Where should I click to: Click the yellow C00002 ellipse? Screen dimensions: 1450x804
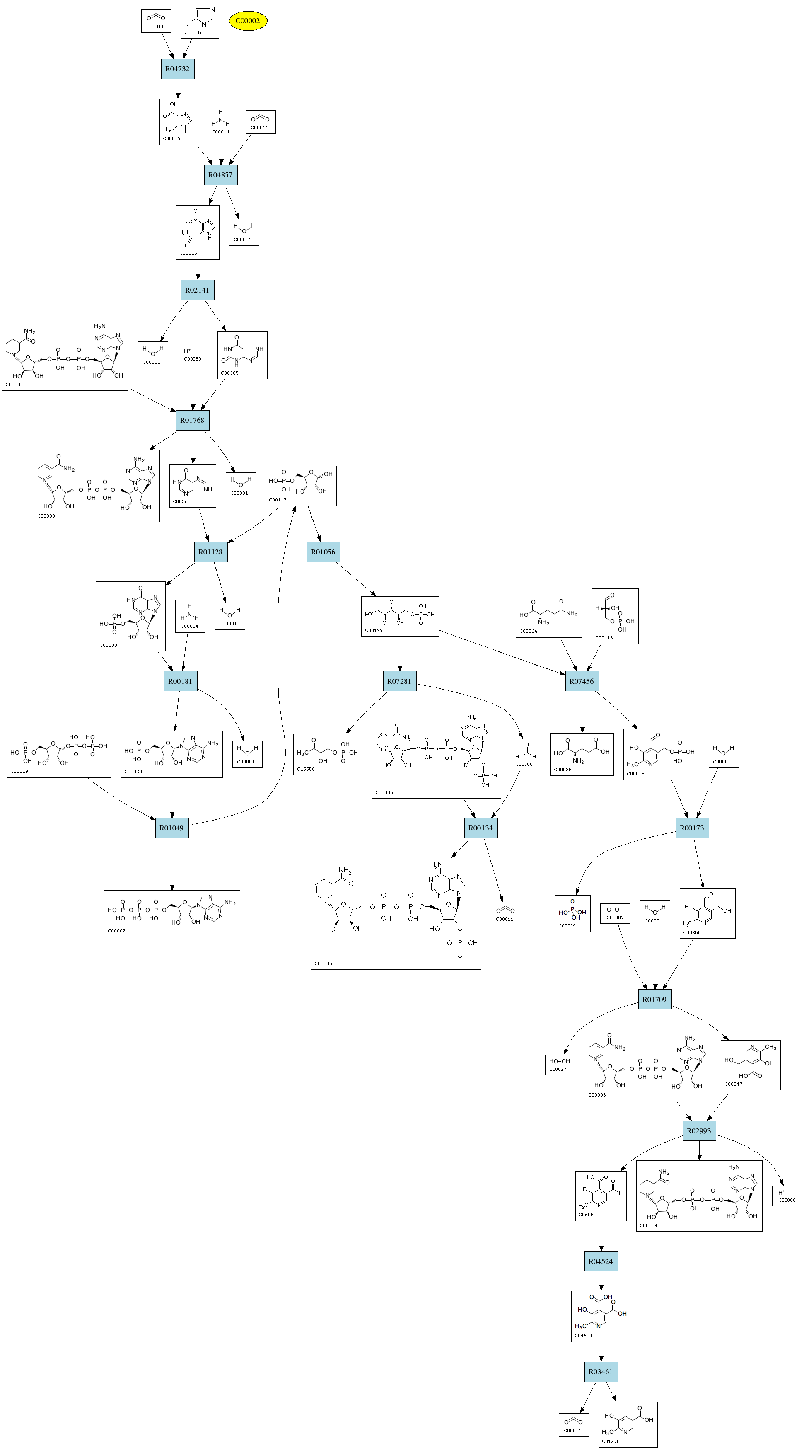(x=248, y=21)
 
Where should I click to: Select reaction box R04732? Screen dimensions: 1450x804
(x=178, y=69)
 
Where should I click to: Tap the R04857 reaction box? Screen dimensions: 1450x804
(x=220, y=174)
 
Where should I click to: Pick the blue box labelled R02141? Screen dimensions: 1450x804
(x=197, y=290)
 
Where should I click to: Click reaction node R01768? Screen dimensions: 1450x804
(x=193, y=420)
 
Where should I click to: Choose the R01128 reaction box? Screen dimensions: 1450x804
(x=210, y=552)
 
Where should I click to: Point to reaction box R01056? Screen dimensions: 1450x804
(x=323, y=552)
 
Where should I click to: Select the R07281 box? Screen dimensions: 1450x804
(x=399, y=681)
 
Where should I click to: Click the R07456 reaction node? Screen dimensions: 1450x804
(x=582, y=681)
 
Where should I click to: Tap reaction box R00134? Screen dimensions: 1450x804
(x=480, y=828)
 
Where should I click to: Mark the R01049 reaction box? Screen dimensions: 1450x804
(x=171, y=828)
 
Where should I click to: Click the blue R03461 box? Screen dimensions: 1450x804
(x=601, y=1372)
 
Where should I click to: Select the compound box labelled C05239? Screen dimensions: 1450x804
(x=200, y=21)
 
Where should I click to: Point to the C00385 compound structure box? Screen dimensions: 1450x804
(x=242, y=355)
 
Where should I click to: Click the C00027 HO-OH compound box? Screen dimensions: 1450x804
(x=560, y=1065)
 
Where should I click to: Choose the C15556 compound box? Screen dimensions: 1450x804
(x=328, y=754)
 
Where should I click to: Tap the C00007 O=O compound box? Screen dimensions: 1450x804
(x=615, y=913)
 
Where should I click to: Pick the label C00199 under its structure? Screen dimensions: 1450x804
(x=374, y=630)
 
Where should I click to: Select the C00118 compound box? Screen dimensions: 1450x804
(x=615, y=616)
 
